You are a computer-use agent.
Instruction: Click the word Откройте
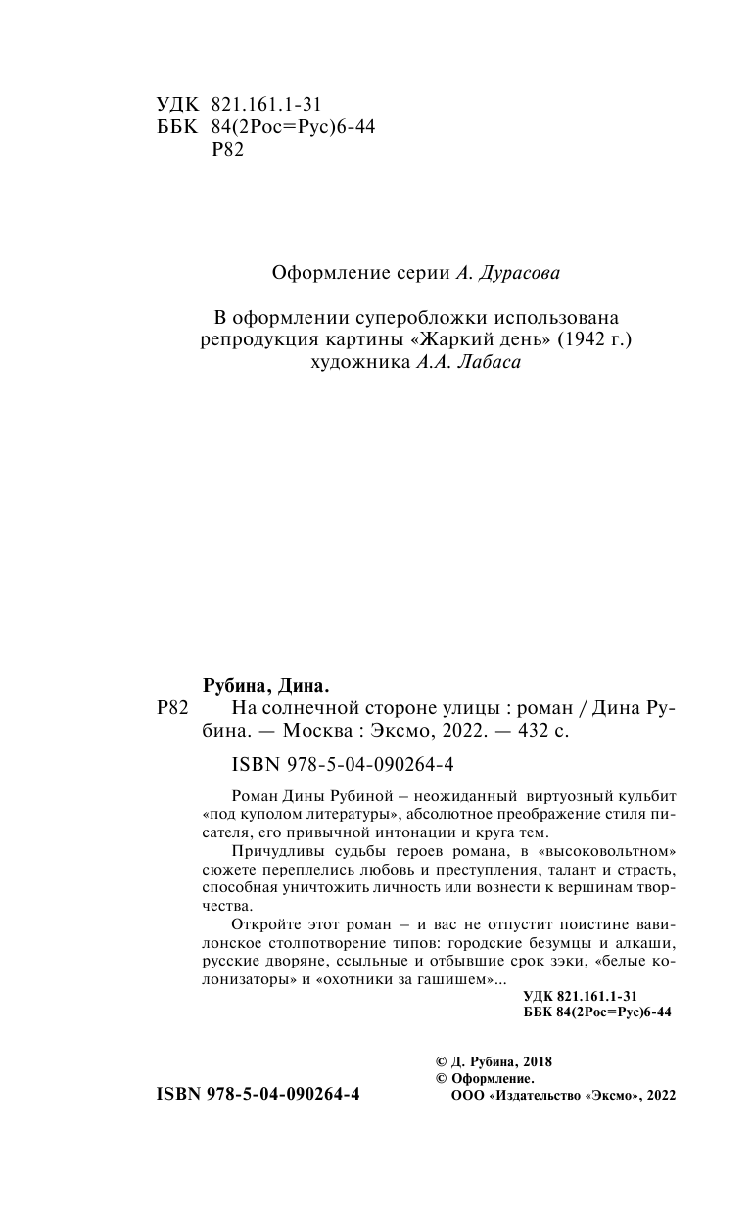click(x=263, y=923)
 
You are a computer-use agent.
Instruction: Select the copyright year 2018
click(x=537, y=1061)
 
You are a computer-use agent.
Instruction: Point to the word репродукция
click(x=255, y=340)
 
